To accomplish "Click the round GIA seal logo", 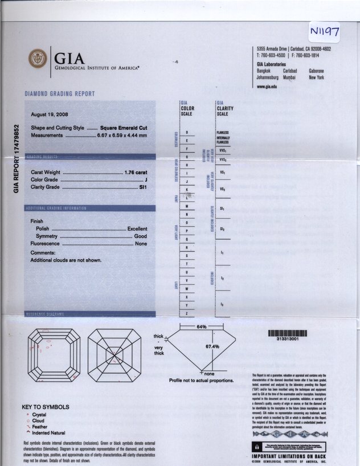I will pyautogui.click(x=39, y=58).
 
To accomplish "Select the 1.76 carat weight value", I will pyautogui.click(x=136, y=172).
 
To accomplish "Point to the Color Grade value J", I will pyautogui.click(x=147, y=180).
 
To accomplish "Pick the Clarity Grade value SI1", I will pyautogui.click(x=143, y=187).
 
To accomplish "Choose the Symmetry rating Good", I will pyautogui.click(x=141, y=236).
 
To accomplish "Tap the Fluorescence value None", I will pyautogui.click(x=141, y=244).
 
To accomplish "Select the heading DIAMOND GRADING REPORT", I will pyautogui.click(x=60, y=94).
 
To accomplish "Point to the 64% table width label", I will pyautogui.click(x=201, y=327).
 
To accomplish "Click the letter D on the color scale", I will pyautogui.click(x=187, y=133).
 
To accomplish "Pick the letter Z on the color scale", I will pyautogui.click(x=187, y=313).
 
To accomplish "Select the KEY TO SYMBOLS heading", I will pyautogui.click(x=46, y=407).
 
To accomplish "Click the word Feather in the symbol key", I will pyautogui.click(x=41, y=427).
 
